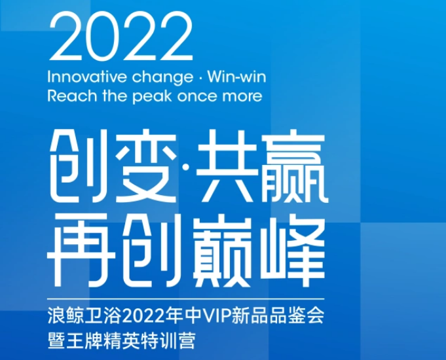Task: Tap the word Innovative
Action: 86,77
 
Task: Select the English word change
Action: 162,78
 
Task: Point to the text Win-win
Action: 236,77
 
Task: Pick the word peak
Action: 152,97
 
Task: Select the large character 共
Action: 225,166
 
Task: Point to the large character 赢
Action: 292,166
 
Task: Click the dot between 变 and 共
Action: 185,166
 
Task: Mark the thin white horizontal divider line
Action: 186,299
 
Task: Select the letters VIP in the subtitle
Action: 217,316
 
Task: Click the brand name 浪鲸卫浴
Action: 84,316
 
